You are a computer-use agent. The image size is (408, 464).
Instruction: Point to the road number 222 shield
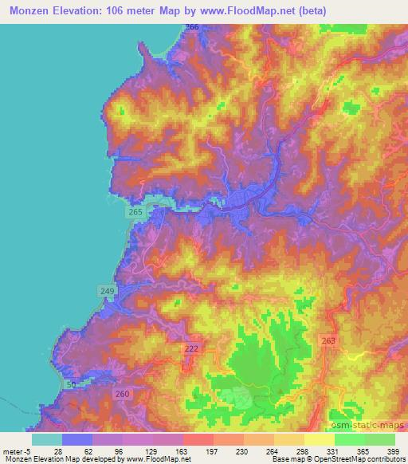pos(190,350)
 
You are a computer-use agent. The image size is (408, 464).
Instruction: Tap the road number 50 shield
pos(71,385)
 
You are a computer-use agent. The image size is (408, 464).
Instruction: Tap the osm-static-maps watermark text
pos(371,423)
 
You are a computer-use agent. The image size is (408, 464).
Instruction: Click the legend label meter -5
pos(18,450)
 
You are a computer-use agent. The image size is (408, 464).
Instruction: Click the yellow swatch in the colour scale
pos(319,438)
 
